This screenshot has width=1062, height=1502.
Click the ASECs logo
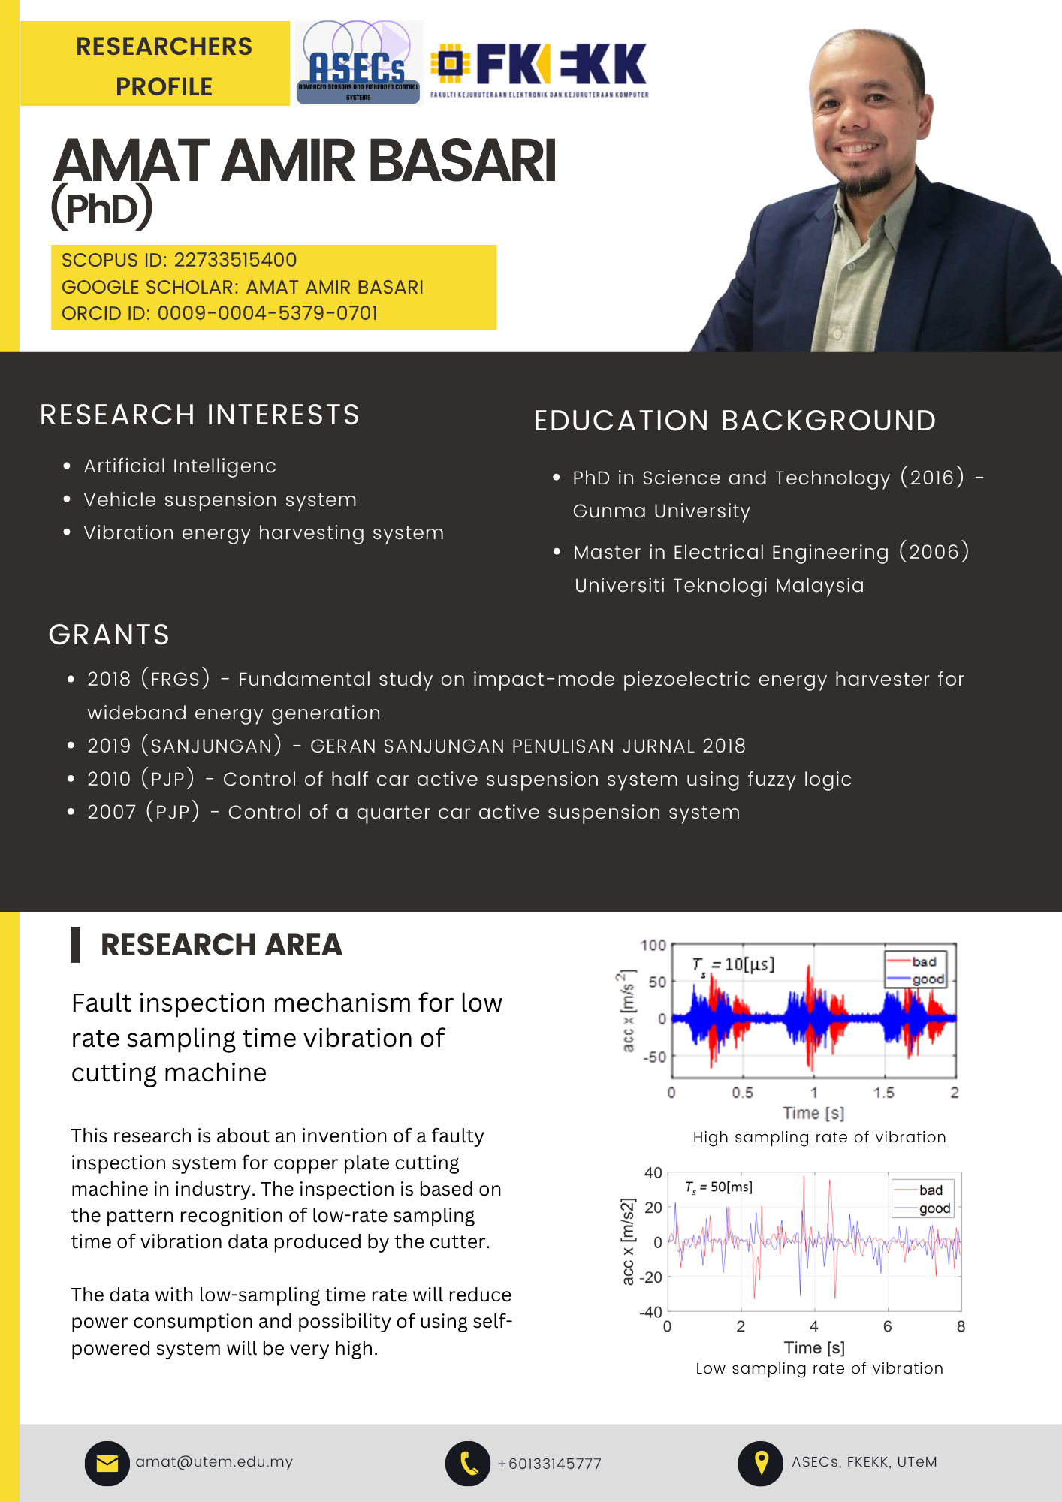coord(358,64)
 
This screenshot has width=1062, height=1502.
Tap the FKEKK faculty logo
coord(539,69)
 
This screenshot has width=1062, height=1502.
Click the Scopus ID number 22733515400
coord(235,260)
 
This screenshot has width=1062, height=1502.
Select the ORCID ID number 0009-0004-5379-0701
coord(267,313)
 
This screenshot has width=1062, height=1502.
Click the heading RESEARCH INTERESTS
coord(200,415)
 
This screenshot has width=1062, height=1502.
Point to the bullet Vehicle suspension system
coord(220,499)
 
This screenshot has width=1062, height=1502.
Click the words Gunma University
coord(661,511)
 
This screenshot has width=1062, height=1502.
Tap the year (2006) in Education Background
coord(934,552)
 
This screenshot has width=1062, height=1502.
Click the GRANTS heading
coord(109,635)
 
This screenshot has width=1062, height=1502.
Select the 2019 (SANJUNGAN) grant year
coord(184,746)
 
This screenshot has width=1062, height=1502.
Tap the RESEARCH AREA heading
coord(222,945)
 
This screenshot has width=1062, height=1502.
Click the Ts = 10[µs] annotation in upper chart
coord(733,964)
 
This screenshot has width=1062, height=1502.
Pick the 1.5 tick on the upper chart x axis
coord(884,1093)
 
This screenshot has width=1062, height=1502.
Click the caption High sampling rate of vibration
coord(819,1137)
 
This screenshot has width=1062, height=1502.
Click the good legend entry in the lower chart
coord(934,1208)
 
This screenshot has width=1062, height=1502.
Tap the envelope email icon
coord(107,1463)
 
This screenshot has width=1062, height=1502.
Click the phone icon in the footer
coord(468,1463)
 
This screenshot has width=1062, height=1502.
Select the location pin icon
coord(761,1463)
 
